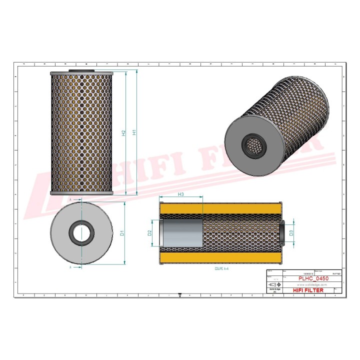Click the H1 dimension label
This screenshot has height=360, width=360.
(134, 133)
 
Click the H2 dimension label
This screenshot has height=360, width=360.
(123, 133)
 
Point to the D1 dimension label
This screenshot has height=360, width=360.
(121, 232)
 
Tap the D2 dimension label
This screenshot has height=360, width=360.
(149, 232)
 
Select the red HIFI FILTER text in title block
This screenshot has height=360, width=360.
(307, 290)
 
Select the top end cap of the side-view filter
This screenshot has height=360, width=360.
(82, 73)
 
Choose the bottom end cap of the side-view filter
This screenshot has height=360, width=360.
(82, 192)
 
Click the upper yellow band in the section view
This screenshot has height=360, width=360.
(220, 208)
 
